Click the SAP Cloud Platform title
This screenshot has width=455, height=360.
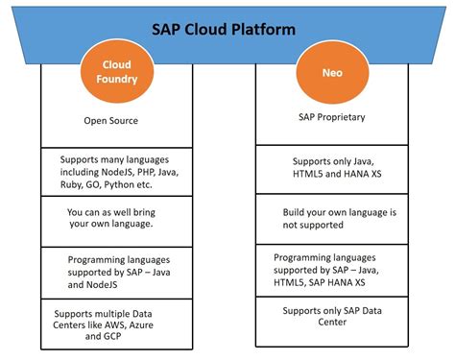tap(227, 29)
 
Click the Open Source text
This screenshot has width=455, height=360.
tap(112, 121)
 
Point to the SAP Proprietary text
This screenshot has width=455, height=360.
tap(331, 116)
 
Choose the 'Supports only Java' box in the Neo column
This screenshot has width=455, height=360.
tap(331, 169)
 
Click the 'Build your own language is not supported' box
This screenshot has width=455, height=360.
tap(331, 218)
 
